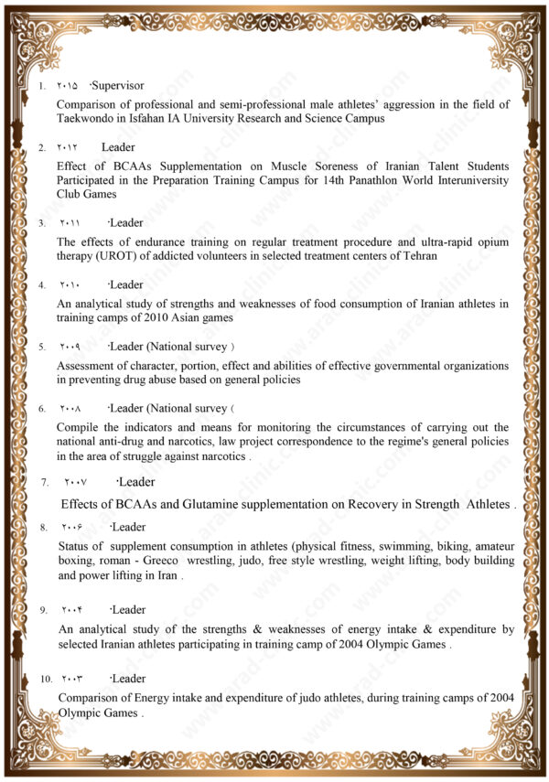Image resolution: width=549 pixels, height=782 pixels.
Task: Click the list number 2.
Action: [x=42, y=148]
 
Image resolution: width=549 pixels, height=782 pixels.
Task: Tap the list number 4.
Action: [x=42, y=285]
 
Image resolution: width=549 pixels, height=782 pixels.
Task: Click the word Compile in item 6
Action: [x=80, y=427]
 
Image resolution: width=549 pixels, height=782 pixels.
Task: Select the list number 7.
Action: [x=45, y=482]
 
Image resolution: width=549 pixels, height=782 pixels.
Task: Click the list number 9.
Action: [x=43, y=610]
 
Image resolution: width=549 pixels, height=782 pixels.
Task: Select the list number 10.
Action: [x=46, y=680]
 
